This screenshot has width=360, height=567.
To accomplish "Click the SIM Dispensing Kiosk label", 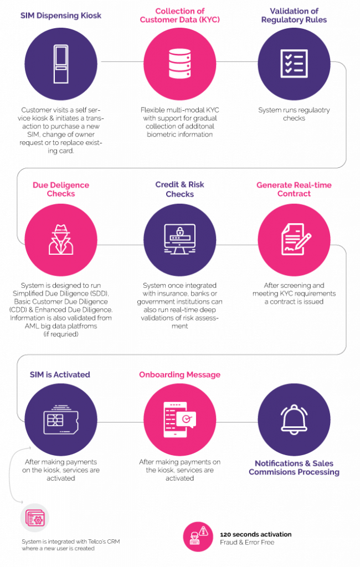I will (x=61, y=16).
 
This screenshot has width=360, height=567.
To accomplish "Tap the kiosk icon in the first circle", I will (x=61, y=64).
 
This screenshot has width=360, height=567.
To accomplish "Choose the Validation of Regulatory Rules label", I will (x=294, y=16).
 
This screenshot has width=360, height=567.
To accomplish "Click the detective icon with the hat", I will (x=61, y=240).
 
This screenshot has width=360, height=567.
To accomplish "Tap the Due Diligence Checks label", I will (x=61, y=189).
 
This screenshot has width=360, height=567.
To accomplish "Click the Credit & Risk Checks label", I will (x=180, y=189).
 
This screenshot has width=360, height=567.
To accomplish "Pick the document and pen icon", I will (x=294, y=239).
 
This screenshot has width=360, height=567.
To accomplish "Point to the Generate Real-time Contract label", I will (x=294, y=189).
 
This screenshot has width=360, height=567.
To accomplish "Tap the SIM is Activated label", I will (x=60, y=374).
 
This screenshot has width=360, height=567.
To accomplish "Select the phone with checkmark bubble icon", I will (x=180, y=420).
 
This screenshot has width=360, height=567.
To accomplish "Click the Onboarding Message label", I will (x=180, y=374).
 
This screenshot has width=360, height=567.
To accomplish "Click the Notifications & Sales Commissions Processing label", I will (x=294, y=468).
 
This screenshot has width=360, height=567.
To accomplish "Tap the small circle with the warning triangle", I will (x=198, y=536).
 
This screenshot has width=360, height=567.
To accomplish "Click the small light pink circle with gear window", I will (x=35, y=518).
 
